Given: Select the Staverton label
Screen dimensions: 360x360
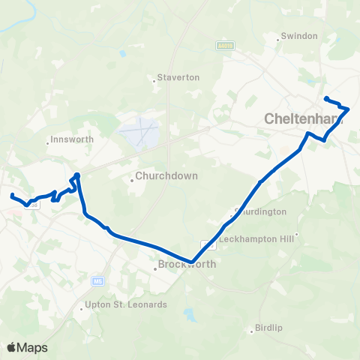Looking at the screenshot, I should tap(178, 77).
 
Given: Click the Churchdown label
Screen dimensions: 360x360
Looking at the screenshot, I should tap(158, 178).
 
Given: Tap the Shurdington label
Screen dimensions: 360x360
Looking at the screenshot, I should tap(261, 211).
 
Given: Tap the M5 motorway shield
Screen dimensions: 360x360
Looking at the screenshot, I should tap(98, 281).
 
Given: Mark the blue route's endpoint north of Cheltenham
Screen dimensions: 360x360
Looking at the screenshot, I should tap(325, 98).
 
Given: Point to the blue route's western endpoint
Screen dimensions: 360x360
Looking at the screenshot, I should tap(12, 196).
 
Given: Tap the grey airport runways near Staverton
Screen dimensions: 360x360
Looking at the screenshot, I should tap(140, 133).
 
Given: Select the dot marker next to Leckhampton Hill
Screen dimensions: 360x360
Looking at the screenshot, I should tap(297, 234).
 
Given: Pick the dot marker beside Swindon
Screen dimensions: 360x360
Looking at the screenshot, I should tap(278, 36).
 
